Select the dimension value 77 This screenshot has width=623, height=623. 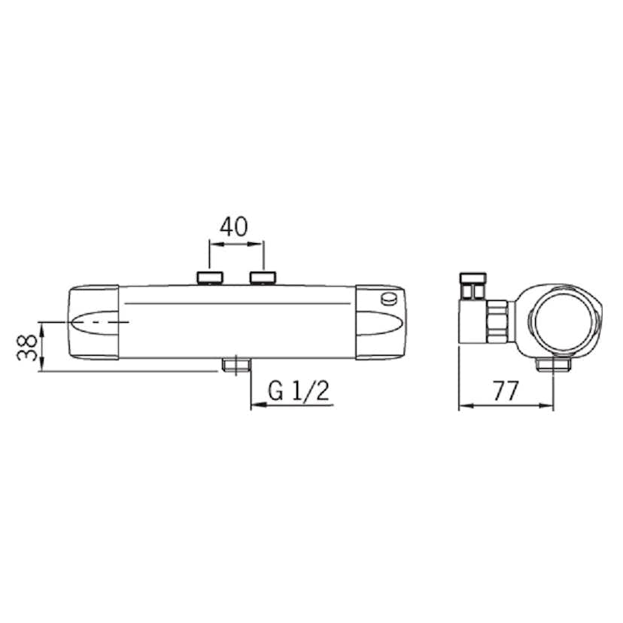(x=506, y=391)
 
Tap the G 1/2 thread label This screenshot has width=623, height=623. (x=299, y=391)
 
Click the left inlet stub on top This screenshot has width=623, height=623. (x=210, y=278)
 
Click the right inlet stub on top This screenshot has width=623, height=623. (x=262, y=278)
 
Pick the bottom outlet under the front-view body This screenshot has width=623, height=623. (x=236, y=366)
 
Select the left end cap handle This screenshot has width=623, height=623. (x=93, y=322)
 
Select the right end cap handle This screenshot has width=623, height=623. (x=381, y=322)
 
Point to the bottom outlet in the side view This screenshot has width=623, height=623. (x=553, y=364)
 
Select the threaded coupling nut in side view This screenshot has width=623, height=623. (x=498, y=320)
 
